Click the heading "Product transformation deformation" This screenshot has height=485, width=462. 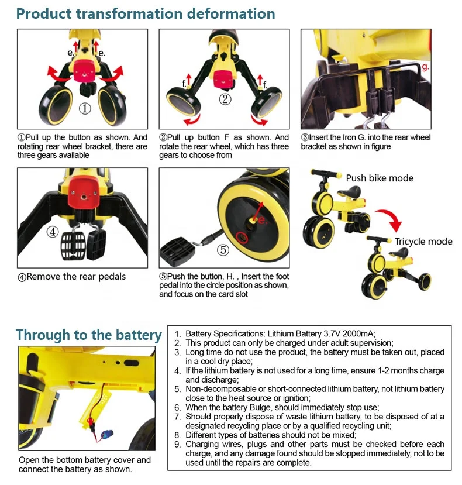coord(146,14)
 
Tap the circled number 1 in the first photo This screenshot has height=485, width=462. coord(85,109)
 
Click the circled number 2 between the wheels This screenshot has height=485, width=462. coord(225,99)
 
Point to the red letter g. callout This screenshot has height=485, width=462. coord(426,67)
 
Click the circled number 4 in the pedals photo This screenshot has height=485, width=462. coord(53,232)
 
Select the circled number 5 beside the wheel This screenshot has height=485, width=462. coord(223,250)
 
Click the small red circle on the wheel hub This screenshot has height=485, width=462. coord(242,238)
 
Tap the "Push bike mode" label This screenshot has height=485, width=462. coord(380,178)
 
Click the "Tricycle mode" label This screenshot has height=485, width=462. coord(423,241)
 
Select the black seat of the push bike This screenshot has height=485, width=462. coord(352,191)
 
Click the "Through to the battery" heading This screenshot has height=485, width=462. coord(89,335)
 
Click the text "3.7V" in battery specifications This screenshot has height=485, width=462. coord(332,333)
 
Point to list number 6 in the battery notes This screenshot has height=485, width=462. coord(177,407)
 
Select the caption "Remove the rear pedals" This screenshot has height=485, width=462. coord(76,277)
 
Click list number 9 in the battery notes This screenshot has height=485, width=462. coord(177,445)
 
